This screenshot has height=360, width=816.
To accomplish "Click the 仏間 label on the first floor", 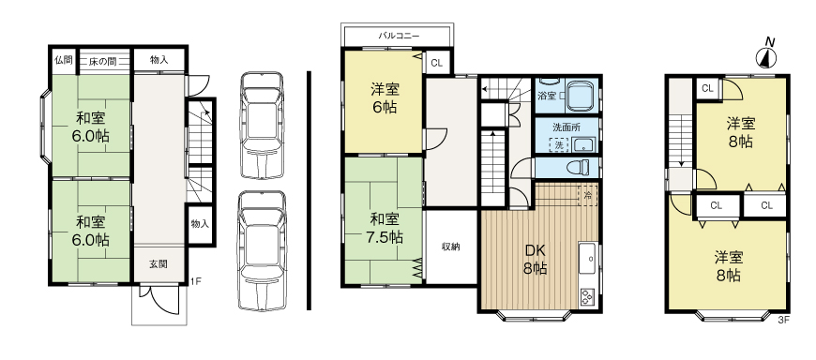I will (x=63, y=60).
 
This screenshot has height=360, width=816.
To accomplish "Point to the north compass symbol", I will (x=768, y=55).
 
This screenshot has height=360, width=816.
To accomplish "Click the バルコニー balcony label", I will (x=399, y=36).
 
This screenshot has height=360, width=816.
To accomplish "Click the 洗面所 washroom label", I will (x=566, y=127).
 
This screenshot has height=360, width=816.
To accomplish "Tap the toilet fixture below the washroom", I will (x=581, y=167).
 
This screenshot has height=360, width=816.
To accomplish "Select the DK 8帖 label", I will (x=536, y=259).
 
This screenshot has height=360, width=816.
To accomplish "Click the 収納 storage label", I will (x=450, y=247).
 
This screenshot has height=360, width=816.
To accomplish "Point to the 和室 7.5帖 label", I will (x=385, y=229).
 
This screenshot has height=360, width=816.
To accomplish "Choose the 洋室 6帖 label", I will (x=384, y=98).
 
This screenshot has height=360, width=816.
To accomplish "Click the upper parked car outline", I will (x=261, y=124).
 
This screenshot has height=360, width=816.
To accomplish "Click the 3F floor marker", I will (x=784, y=319).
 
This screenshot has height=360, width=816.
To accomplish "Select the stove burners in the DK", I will (x=587, y=298).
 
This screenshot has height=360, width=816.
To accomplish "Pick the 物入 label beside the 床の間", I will (x=159, y=60).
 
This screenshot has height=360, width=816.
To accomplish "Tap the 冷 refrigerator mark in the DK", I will (x=587, y=196).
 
